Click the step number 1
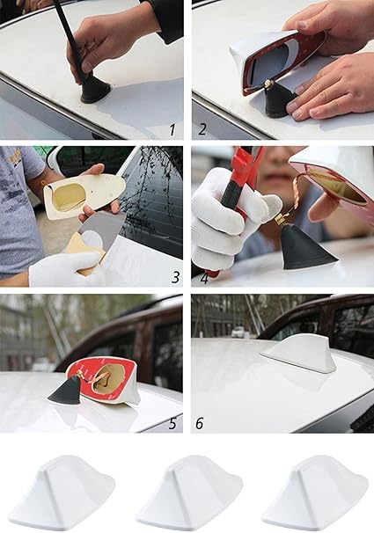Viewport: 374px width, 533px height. [x=172, y=130]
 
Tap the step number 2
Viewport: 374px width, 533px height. [x=202, y=129]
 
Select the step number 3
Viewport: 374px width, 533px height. [x=175, y=277]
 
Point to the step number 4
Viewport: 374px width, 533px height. [x=204, y=279]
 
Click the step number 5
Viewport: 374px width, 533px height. [x=172, y=423]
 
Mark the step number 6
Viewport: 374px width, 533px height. [x=199, y=424]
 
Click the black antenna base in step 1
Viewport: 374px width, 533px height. [x=95, y=91]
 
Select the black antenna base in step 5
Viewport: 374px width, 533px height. [x=65, y=390]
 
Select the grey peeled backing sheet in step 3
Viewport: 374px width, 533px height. [x=99, y=231]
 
